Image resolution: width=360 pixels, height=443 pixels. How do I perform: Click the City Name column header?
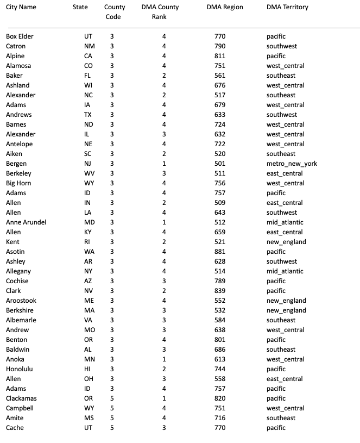point(21,7)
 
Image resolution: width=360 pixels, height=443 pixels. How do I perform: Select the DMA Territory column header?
point(287,7)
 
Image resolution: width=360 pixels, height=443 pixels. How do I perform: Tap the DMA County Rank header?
point(160,12)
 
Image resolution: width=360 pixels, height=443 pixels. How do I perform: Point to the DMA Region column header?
point(225,7)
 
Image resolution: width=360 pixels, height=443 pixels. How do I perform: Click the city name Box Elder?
point(20,36)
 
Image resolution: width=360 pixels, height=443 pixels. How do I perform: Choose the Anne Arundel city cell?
point(26,222)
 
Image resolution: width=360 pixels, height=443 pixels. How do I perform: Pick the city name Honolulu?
point(20,369)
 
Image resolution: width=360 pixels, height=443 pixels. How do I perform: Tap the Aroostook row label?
point(21,301)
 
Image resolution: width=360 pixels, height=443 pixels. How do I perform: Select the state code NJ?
point(89,164)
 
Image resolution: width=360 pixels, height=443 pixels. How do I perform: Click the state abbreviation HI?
point(89,369)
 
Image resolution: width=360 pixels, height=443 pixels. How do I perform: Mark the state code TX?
point(89,115)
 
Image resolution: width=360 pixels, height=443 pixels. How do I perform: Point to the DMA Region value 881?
point(220,252)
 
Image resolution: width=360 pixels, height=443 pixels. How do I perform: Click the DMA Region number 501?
point(220,164)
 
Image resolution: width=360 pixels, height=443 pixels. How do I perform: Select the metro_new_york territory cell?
point(292,164)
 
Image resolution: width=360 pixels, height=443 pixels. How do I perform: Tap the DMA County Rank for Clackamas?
point(164,398)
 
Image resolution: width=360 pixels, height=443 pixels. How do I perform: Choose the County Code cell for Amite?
point(112,418)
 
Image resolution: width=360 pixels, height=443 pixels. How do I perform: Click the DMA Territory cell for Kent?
point(286,242)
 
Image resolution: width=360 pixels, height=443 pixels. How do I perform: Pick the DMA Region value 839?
point(220,291)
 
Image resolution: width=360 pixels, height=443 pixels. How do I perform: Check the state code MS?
point(89,418)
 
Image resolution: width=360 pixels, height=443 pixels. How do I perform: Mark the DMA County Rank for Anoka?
point(164,359)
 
